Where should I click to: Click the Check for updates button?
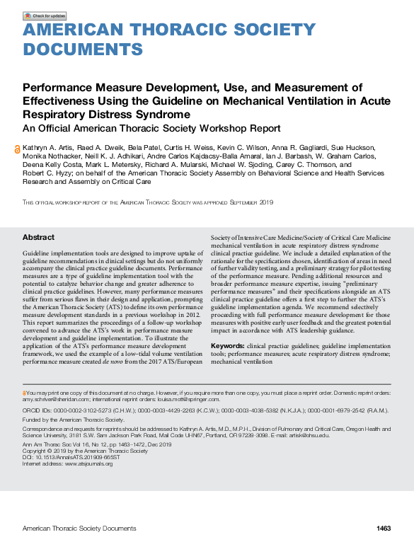tap(45, 16)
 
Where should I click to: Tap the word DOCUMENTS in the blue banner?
tap(82, 49)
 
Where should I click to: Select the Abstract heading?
tap(38, 238)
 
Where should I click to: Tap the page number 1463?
tap(384, 529)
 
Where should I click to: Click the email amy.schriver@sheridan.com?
tap(52, 399)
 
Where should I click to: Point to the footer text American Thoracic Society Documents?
tap(79, 529)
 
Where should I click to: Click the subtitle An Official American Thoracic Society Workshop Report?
tap(152, 129)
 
